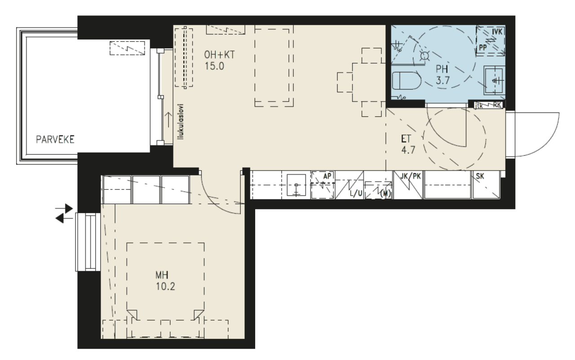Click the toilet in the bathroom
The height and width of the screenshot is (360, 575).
click(406, 82)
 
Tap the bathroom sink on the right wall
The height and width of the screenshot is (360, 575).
click(495, 80)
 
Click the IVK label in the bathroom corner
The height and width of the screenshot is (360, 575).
click(497, 32)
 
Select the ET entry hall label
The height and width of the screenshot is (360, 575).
click(405, 140)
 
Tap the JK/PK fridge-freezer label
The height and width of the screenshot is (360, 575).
click(410, 176)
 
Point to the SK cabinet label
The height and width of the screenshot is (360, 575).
click(480, 176)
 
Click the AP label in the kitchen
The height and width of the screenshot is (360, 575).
click(327, 176)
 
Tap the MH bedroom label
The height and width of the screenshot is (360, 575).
click(163, 274)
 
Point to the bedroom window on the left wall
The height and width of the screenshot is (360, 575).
click(86, 242)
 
